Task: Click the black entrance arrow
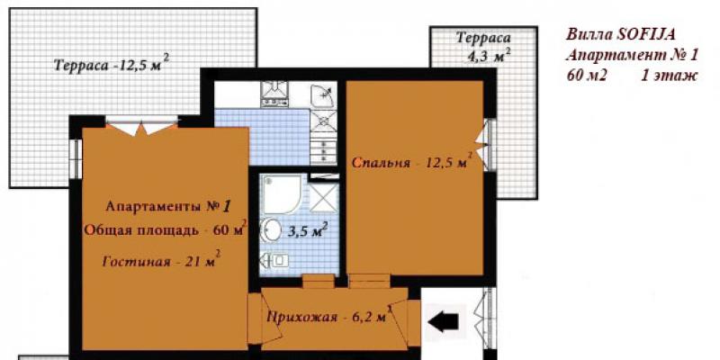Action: tap(443, 321)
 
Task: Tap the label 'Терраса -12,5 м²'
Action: tap(112, 64)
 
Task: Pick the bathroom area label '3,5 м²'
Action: tap(307, 229)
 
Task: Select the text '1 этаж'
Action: tap(669, 76)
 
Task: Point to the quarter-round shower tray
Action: tap(280, 193)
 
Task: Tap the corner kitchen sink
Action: tap(323, 95)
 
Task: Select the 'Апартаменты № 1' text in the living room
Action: tap(167, 206)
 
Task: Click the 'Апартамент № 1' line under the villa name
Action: tap(632, 55)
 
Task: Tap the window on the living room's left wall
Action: tap(76, 158)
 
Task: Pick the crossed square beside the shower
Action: tap(324, 198)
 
